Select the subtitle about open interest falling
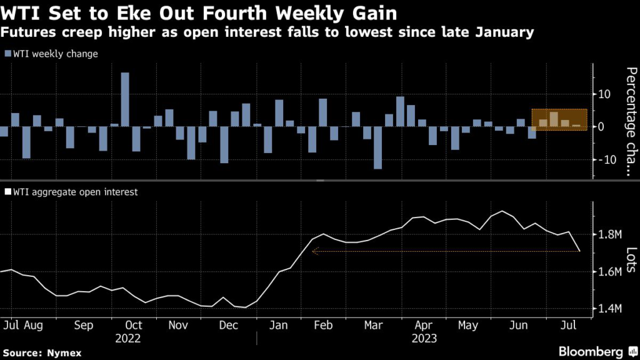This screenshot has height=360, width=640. pyautogui.click(x=267, y=32)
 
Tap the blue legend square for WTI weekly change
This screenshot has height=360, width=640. pyautogui.click(x=8, y=54)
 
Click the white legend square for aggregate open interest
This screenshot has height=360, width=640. pyautogui.click(x=8, y=192)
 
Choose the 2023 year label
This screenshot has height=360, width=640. pyautogui.click(x=424, y=339)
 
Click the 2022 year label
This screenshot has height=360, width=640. pyautogui.click(x=127, y=339)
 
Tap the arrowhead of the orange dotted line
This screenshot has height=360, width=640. pyautogui.click(x=314, y=251)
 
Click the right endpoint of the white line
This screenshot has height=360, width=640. pyautogui.click(x=580, y=251)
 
